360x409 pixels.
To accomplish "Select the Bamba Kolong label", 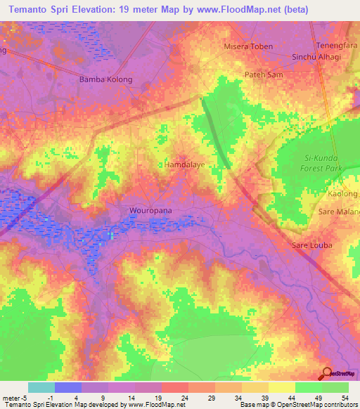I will [106, 79].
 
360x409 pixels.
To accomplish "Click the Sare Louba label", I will [311, 245].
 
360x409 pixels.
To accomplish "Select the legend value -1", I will [41, 398].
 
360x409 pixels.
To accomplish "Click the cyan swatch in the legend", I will [41, 387].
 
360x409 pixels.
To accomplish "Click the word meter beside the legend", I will [12, 398].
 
